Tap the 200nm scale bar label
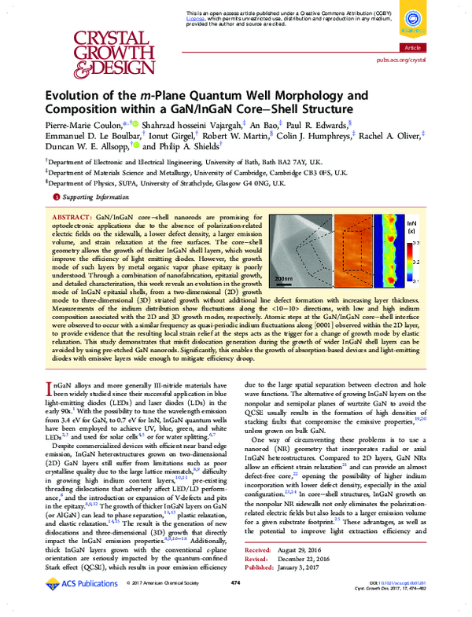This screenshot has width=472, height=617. click(x=283, y=278)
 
